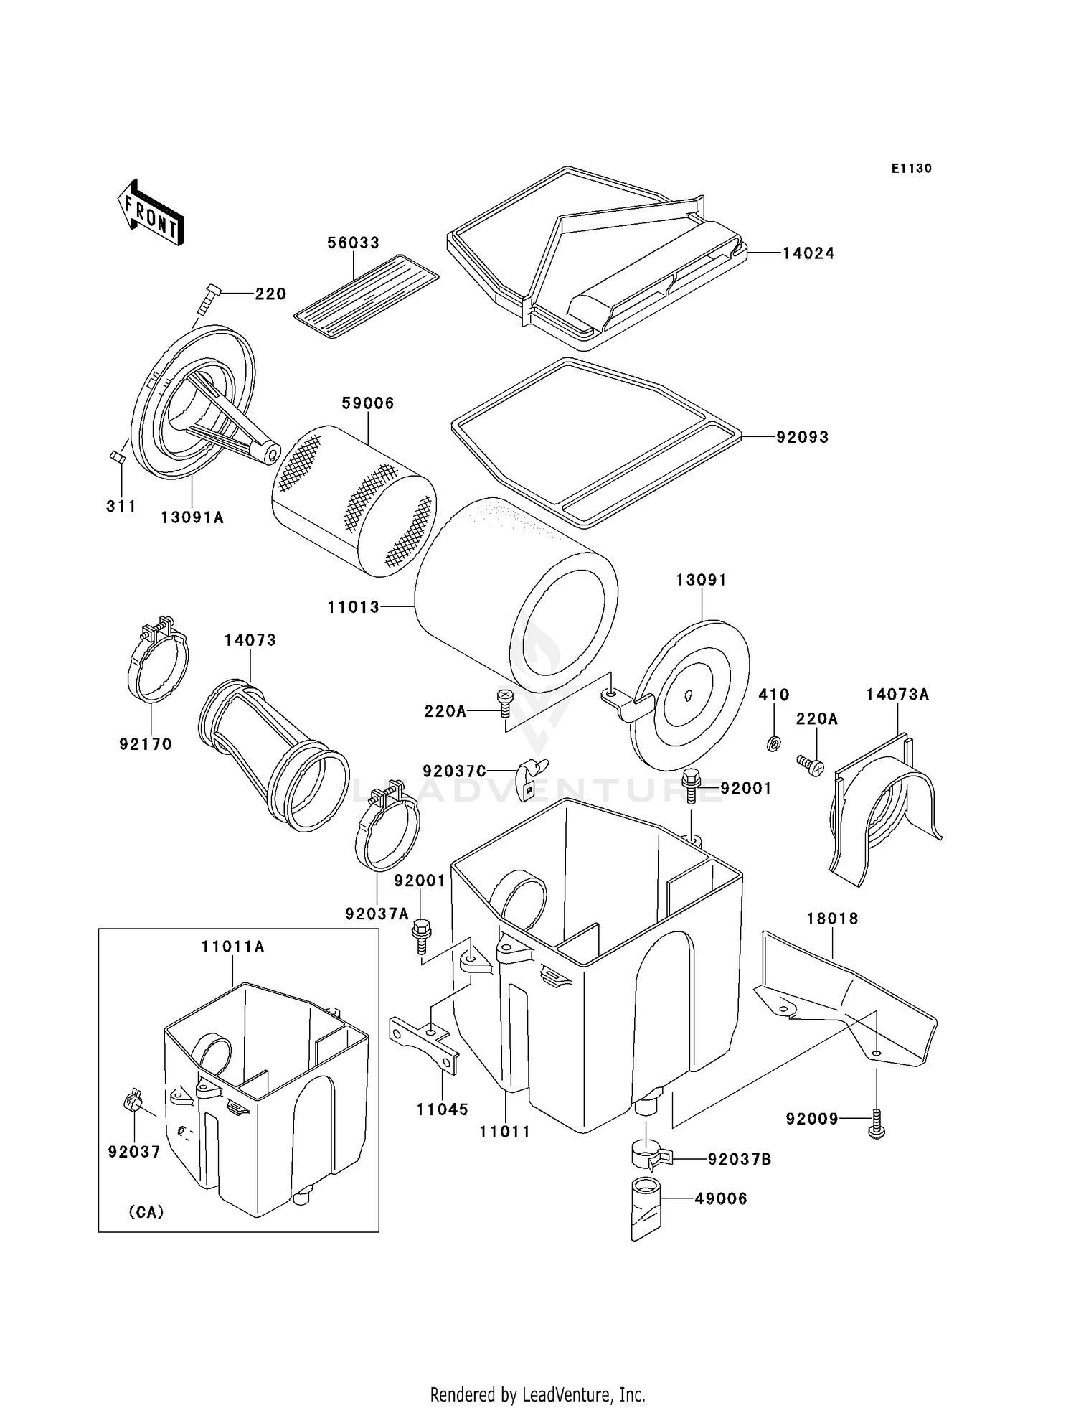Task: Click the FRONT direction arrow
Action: tap(149, 214)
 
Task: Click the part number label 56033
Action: tap(353, 243)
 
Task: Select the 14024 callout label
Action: tap(808, 253)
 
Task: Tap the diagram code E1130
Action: tap(911, 169)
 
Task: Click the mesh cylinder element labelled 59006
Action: tap(354, 500)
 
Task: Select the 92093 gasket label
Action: tap(802, 437)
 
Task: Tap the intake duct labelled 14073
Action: tap(273, 754)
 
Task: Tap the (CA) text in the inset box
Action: tap(146, 1212)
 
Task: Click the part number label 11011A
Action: tap(232, 947)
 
